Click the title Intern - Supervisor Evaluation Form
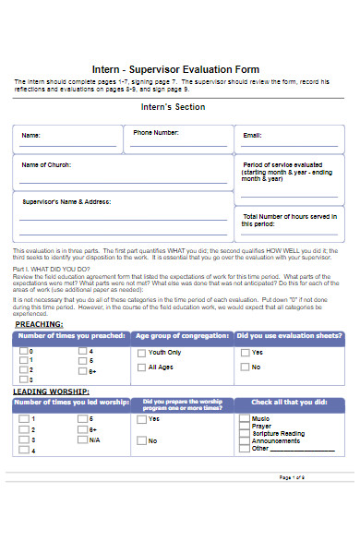(175, 69)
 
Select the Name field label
(31, 136)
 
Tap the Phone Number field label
(156, 132)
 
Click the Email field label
(252, 136)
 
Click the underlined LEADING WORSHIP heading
(52, 391)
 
